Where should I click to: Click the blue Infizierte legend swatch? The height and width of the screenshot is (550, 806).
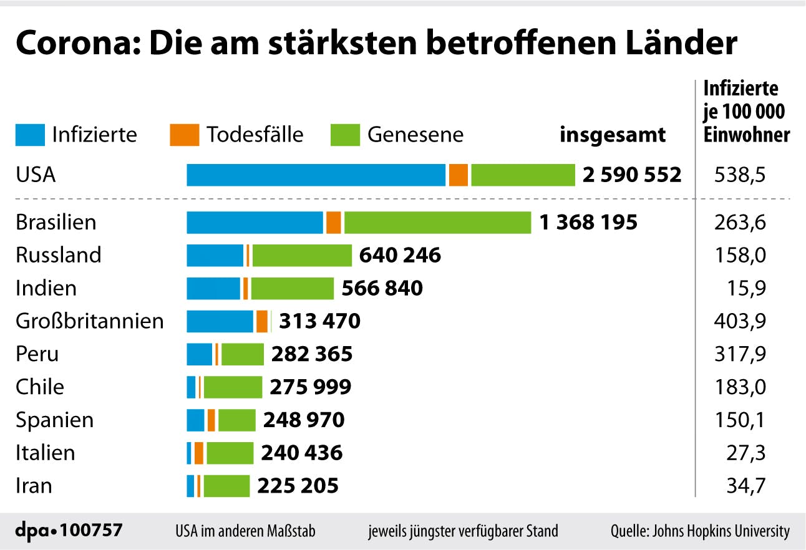tap(30, 135)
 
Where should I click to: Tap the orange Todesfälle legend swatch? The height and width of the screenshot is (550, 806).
tap(184, 135)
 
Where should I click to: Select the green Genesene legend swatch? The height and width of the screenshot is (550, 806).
tap(345, 135)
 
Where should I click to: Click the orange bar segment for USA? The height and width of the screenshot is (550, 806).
tap(459, 175)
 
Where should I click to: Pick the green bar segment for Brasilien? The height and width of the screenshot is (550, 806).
tap(437, 222)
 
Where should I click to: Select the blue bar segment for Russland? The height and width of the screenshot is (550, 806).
tap(215, 255)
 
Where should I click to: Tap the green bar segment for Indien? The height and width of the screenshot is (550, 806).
tap(293, 288)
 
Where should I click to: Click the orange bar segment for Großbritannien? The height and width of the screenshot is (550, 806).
tap(262, 321)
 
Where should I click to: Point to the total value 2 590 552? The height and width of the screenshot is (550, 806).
tap(632, 175)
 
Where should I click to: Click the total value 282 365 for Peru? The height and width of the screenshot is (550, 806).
tap(312, 354)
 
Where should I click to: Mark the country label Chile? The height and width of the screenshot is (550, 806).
tap(40, 387)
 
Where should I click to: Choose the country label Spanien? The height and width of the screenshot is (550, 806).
tap(55, 420)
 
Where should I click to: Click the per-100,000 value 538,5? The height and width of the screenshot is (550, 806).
tap(739, 175)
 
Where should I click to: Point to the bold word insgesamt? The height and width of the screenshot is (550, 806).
tap(613, 135)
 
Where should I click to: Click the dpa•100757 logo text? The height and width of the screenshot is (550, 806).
tap(69, 531)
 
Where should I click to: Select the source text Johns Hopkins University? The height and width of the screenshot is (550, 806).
tap(721, 531)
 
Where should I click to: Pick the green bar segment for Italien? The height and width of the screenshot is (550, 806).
tap(230, 453)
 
